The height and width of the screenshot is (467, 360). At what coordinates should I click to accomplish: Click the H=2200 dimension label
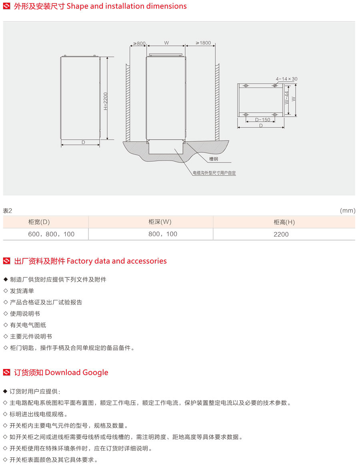[106, 101]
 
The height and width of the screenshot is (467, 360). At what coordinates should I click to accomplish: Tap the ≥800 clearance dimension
[139, 44]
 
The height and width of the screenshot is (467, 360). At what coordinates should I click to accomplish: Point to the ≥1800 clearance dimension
[203, 43]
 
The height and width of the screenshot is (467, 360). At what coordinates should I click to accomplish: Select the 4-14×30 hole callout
[286, 79]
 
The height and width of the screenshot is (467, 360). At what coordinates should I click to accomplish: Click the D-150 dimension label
[263, 120]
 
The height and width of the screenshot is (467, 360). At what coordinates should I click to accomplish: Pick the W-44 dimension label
[286, 97]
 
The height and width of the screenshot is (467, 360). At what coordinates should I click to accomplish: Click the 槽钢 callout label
[214, 159]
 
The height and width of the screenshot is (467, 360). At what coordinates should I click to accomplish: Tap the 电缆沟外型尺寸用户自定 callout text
[214, 173]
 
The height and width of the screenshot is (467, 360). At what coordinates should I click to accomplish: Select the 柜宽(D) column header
[39, 222]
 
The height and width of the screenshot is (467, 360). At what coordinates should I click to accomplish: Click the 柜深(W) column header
[160, 222]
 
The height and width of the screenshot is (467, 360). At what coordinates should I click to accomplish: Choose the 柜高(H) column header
[284, 222]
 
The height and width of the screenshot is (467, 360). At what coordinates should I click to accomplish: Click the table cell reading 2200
[281, 235]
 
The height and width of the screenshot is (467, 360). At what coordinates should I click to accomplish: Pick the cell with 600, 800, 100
[51, 234]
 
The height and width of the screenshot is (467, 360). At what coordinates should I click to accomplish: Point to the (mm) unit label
[348, 210]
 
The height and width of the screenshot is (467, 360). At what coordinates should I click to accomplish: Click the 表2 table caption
[8, 211]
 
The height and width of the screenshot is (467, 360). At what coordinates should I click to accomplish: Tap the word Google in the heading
[95, 373]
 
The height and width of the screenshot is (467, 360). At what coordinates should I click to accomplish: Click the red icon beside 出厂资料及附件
[6, 261]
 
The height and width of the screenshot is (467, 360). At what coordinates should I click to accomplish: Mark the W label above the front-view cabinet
[166, 43]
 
